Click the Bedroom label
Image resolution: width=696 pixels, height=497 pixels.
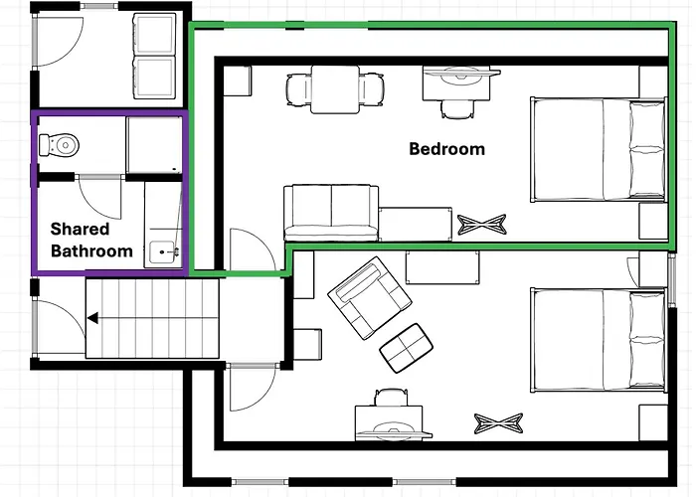(446, 149)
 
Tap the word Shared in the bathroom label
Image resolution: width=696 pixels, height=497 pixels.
(80, 229)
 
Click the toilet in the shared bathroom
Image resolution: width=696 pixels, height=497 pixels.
(59, 145)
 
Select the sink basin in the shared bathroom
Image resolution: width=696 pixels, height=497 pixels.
(162, 252)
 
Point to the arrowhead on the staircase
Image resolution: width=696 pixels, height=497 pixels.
(92, 318)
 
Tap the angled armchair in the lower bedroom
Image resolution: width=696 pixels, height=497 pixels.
(369, 298)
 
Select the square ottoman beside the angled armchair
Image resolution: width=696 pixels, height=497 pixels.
(406, 348)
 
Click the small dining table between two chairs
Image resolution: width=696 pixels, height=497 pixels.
(335, 89)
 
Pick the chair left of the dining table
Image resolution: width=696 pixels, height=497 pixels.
(298, 89)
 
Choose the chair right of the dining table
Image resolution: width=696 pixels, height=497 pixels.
(372, 89)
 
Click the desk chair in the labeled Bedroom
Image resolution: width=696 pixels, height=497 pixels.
(457, 108)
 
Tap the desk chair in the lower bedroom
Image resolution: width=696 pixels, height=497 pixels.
(391, 398)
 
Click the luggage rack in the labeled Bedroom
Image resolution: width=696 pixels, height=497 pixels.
(481, 225)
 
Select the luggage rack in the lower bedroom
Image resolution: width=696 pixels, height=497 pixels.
(498, 423)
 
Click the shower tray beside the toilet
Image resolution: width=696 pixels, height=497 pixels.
(154, 145)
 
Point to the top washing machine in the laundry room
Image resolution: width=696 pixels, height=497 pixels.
(154, 34)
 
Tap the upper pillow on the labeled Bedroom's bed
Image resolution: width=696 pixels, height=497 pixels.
(647, 124)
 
